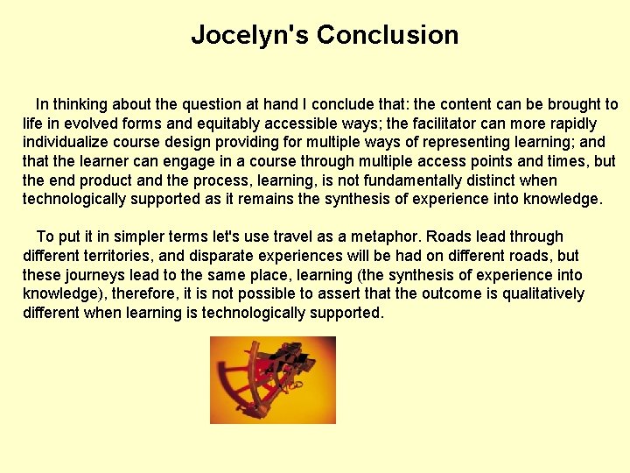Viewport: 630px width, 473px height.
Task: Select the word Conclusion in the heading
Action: pyautogui.click(x=388, y=35)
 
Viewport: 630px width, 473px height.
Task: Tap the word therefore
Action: pyautogui.click(x=143, y=293)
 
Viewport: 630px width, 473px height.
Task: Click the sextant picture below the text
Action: pyautogui.click(x=273, y=380)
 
